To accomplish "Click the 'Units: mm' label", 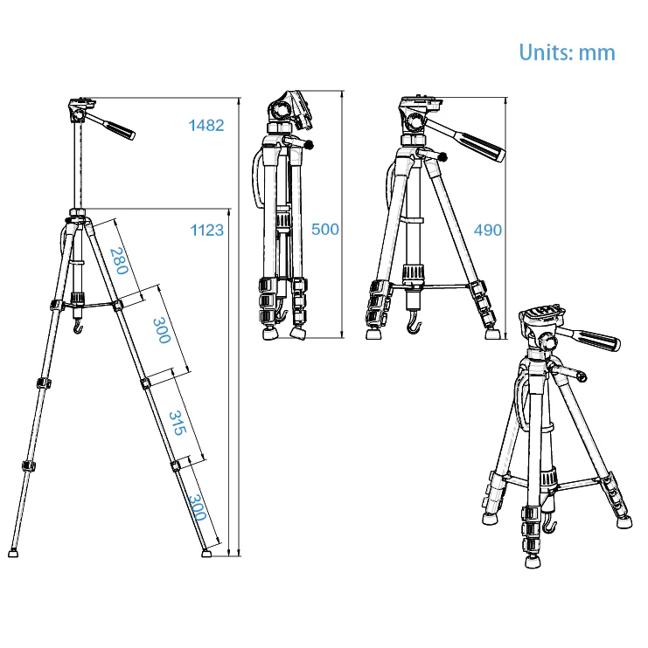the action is [567, 52].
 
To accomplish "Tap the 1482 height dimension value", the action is [206, 125].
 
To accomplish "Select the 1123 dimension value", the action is [207, 231].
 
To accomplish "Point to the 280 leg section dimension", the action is [119, 261].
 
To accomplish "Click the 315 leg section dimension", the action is [178, 423].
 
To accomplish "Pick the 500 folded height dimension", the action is [324, 230].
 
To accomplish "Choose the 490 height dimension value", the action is [488, 231].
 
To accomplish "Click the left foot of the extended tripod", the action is [13, 553].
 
